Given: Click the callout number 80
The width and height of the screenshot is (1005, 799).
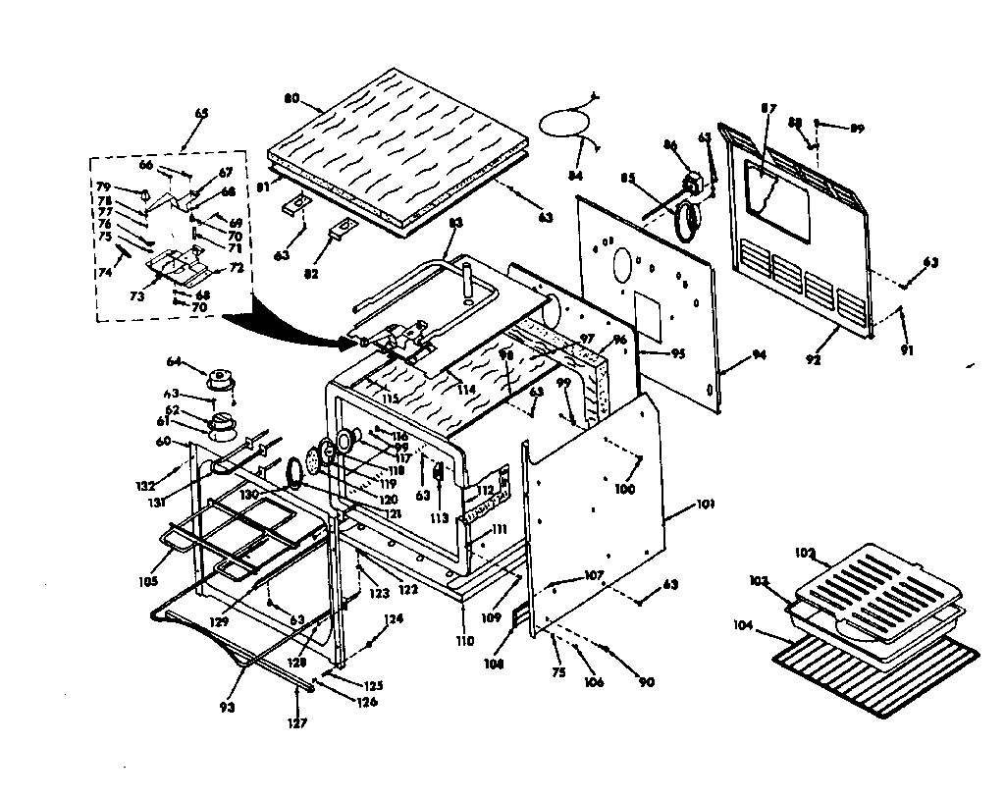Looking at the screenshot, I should (x=291, y=98).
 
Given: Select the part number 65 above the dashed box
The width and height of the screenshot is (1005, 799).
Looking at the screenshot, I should (x=201, y=114).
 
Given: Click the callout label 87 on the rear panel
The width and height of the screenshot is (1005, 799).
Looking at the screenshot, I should (x=767, y=109).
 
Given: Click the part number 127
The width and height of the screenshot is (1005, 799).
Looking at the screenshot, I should (x=296, y=723).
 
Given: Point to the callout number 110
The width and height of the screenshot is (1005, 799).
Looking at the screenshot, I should (x=465, y=640).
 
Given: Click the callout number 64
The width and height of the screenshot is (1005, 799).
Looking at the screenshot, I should (x=174, y=360).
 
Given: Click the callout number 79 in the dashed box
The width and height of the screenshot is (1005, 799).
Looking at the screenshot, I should (x=103, y=186).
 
